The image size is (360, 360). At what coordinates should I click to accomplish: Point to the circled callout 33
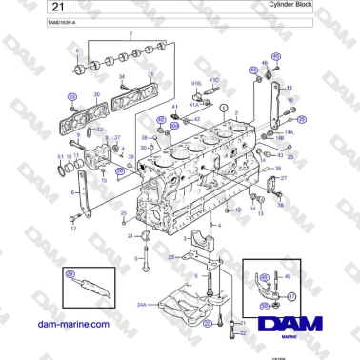pos(70,97)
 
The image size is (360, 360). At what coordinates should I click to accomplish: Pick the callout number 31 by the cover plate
pos(150,76)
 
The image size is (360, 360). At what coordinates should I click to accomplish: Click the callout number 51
pos(59,156)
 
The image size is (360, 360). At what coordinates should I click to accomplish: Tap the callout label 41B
pos(195,84)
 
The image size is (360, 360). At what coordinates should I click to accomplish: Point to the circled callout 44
pos(252,70)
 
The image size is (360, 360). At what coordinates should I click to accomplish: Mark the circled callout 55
pos(265,307)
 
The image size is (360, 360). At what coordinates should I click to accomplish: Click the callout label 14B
pos(279,138)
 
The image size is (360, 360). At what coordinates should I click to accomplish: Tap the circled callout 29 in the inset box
pos(69,274)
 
